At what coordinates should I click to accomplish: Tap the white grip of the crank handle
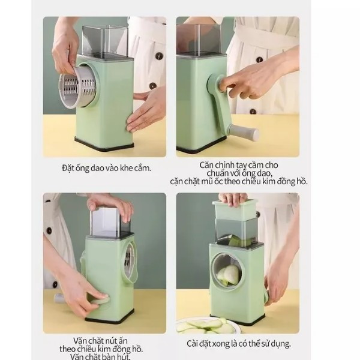pos(245,132)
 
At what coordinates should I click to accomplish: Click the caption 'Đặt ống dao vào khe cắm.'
pos(107,168)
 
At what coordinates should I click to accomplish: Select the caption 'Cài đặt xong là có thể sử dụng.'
pos(239,344)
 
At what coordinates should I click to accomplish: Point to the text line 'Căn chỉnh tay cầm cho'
pos(239,165)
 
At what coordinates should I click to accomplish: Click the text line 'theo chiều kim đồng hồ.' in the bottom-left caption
pos(101,349)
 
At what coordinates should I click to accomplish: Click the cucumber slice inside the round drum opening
pos(229,275)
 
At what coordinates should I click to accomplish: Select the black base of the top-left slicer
pos(104,144)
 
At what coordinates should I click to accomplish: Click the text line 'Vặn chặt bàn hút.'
pos(100,356)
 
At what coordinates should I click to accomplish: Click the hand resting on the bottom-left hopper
pos(110,206)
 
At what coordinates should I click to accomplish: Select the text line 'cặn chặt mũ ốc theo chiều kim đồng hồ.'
pos(239,181)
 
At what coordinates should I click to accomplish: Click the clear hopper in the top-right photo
pos(199,39)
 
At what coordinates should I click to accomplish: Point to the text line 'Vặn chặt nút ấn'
pos(100,340)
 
